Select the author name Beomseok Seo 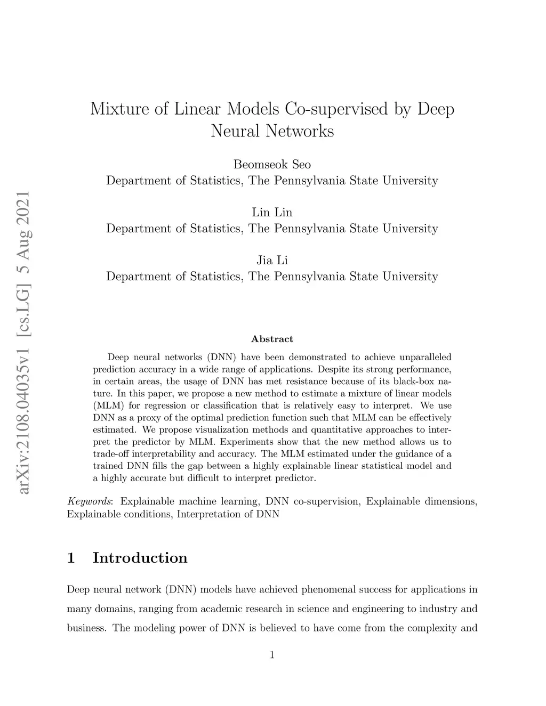[272, 164]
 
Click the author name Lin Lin [272, 212]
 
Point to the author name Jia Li [272, 260]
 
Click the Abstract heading [272, 339]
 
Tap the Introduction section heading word [140, 558]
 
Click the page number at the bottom [272, 655]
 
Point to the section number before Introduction [71, 558]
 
